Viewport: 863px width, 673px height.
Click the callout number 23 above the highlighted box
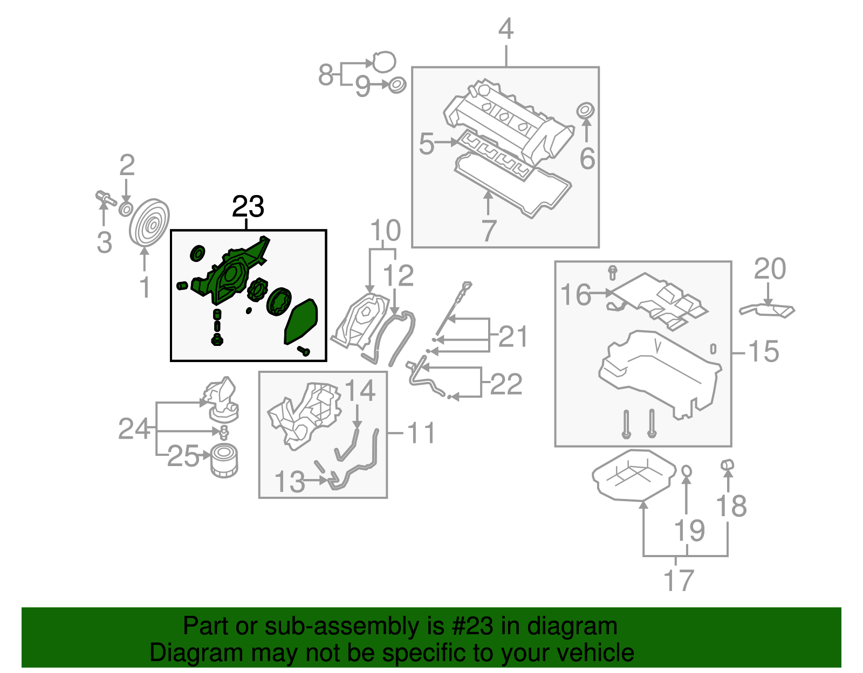click(248, 207)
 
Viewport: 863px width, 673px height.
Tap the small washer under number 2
click(126, 209)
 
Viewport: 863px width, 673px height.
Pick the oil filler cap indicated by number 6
click(585, 110)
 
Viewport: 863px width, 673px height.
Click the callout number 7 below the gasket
click(488, 231)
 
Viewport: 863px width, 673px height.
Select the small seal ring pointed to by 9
click(397, 85)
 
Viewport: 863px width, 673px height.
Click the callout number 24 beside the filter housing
click(134, 429)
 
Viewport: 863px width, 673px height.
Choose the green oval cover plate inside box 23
click(301, 322)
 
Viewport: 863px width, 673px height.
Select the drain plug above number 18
click(727, 464)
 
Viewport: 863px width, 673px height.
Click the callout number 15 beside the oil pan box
click(764, 352)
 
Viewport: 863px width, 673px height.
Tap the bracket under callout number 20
click(767, 311)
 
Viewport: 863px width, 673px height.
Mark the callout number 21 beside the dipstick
click(512, 336)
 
